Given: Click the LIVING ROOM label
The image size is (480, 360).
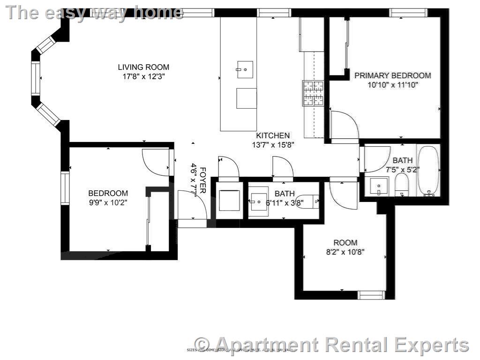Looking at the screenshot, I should [x=143, y=67].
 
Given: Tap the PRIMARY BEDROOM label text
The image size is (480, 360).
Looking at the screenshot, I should [x=392, y=75].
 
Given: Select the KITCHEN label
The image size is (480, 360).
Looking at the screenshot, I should [x=272, y=135].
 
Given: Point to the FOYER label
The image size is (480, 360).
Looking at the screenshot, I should [x=203, y=180].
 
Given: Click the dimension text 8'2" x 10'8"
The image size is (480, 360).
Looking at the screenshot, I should [x=345, y=252].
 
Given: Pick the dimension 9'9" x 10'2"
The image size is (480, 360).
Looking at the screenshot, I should [x=108, y=202].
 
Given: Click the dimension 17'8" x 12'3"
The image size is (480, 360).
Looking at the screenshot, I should [x=143, y=76].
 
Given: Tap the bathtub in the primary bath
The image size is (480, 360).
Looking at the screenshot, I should [x=427, y=171].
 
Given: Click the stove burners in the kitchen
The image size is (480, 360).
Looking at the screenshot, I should [x=313, y=93].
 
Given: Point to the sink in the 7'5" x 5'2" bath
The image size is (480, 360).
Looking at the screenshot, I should [x=378, y=187].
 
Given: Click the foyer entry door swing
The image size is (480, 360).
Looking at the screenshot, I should [x=192, y=205].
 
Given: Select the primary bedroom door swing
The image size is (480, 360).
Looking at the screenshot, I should [x=344, y=126].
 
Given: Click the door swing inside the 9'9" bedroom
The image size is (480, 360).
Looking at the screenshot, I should [x=156, y=162].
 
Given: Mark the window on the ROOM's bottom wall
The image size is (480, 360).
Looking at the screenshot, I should [x=371, y=295].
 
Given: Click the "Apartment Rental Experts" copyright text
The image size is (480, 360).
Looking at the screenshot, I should [x=332, y=345].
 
